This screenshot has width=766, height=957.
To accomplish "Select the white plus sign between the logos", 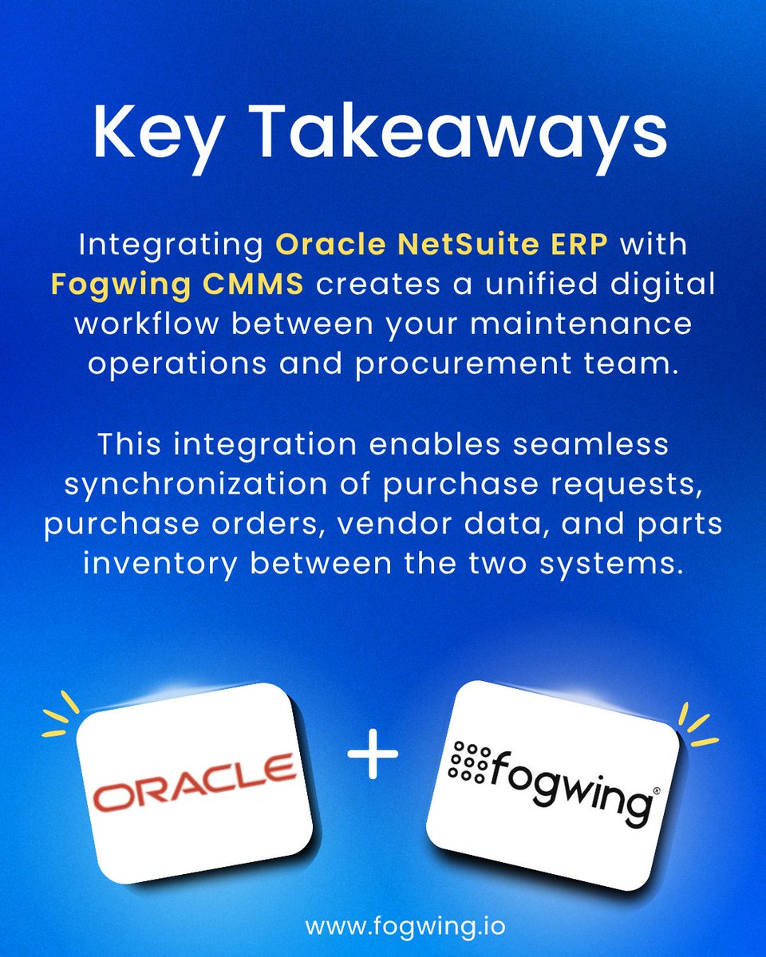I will (x=373, y=758).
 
